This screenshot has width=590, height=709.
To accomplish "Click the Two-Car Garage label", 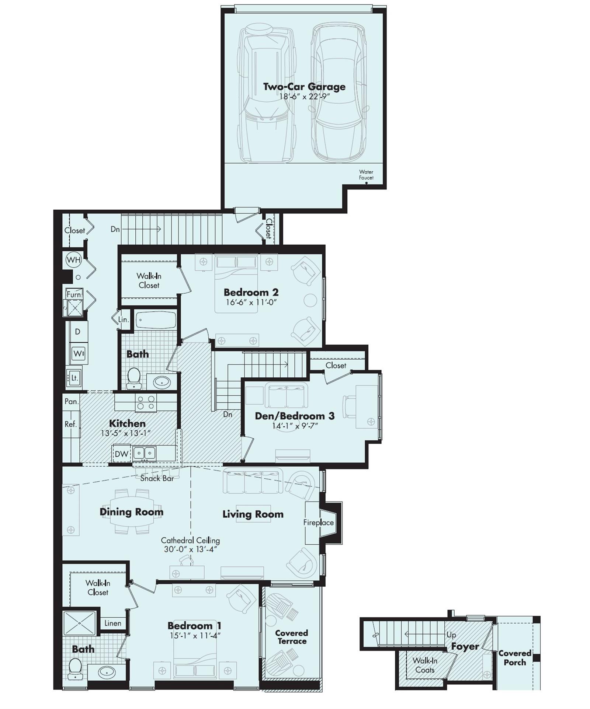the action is (304, 87).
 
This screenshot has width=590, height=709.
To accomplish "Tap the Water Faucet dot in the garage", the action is (366, 183).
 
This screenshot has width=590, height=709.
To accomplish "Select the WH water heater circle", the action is (73, 260).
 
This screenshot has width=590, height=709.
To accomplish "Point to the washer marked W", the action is (79, 354).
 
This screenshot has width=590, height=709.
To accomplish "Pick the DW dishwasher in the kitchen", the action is (121, 454).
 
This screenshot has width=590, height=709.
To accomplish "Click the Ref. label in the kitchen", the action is (71, 424).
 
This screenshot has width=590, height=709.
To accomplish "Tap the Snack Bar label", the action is (157, 478).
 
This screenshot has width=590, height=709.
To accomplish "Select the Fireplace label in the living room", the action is (318, 522).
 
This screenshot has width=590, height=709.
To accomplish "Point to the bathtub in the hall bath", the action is (156, 319).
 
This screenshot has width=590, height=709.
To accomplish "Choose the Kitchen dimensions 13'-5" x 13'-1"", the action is (126, 433).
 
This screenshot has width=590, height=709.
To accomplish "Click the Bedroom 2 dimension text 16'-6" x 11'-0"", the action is (251, 302).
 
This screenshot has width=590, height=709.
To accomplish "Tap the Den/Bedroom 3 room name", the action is (295, 416).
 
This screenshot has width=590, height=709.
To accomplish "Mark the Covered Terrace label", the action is (291, 637).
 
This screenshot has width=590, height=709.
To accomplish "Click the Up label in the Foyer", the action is (451, 635).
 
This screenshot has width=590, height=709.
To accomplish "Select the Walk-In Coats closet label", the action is (425, 665).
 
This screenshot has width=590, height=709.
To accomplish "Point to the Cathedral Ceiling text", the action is (190, 541).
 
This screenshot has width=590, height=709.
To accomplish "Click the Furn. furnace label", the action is (74, 294).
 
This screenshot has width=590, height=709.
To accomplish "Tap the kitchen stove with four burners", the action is (146, 402).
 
